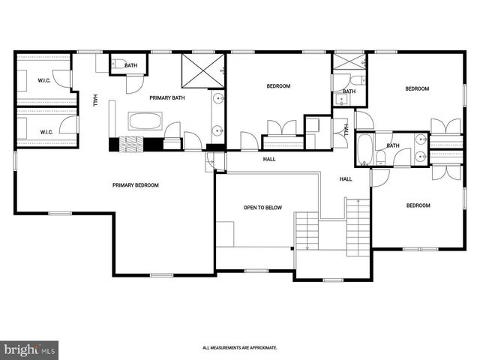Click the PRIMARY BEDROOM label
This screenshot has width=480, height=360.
136,185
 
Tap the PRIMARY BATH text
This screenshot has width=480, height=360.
166,97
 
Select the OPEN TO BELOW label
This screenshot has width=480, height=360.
262,208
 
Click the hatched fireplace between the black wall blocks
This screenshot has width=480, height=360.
132,145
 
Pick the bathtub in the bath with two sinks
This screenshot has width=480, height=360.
365,148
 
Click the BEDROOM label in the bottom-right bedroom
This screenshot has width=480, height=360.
418,205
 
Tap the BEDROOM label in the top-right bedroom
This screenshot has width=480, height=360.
416,89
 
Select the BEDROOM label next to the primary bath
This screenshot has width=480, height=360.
278,86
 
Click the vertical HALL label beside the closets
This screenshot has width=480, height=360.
94,100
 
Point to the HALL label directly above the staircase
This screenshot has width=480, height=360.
345,179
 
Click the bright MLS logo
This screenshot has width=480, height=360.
30,349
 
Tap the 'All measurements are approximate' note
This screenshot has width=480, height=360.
240,348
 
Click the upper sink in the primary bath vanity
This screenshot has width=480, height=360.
217,98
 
